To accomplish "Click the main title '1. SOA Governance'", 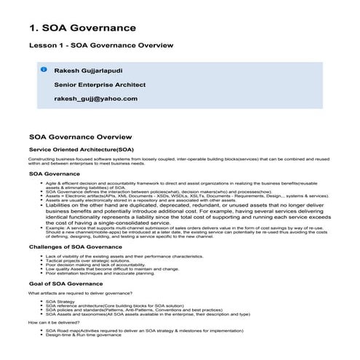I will [x=82, y=28].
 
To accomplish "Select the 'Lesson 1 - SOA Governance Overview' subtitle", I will [x=100, y=46].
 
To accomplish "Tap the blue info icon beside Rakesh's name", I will [x=44, y=71].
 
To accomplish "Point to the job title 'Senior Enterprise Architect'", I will [x=98, y=84].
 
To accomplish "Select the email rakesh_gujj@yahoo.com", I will [x=95, y=97].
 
